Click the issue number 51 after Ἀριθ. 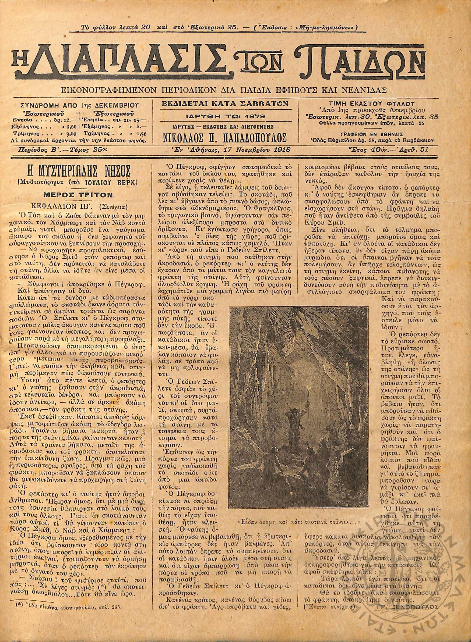tap(424, 149)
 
